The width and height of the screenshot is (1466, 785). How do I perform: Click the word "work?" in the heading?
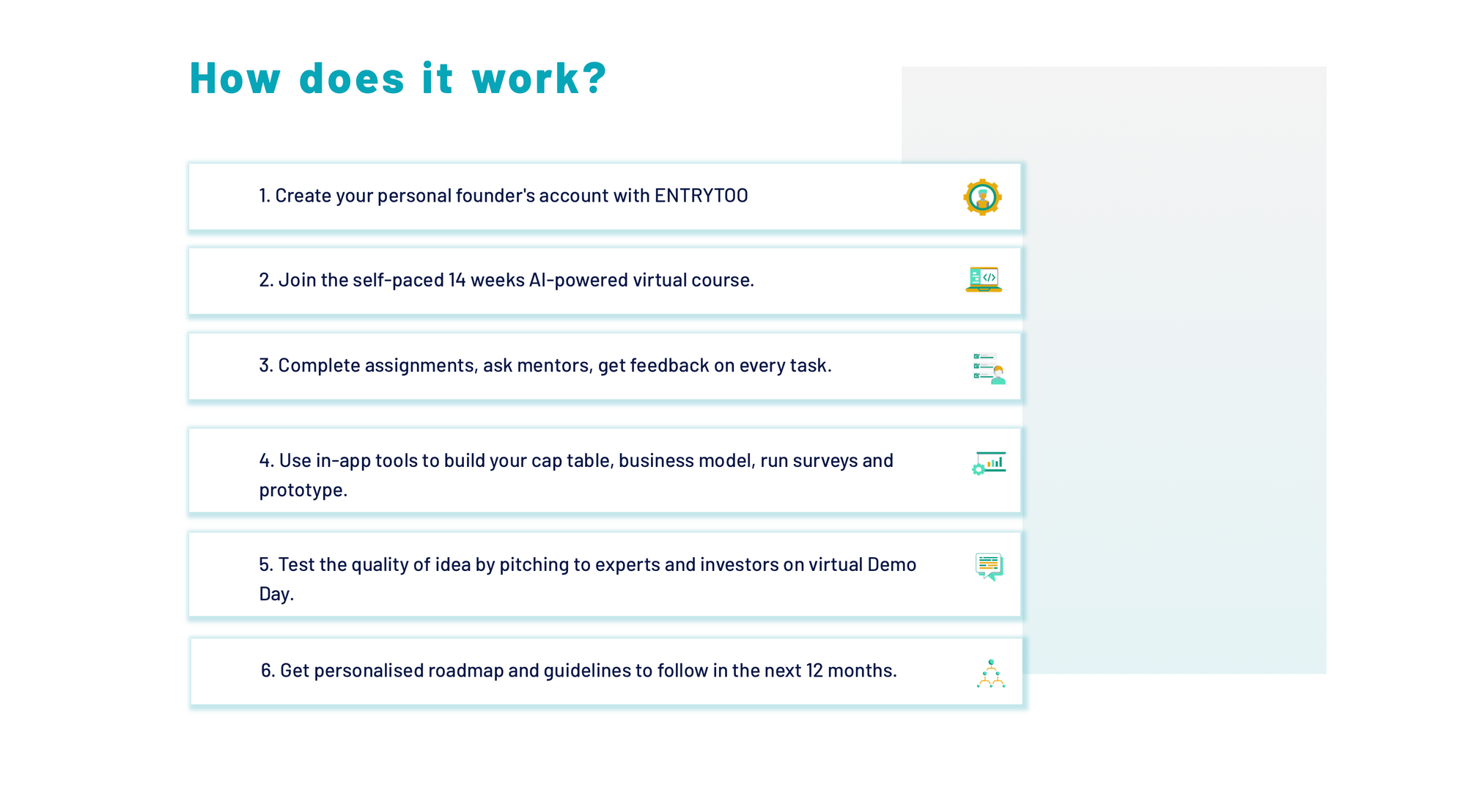coord(539,78)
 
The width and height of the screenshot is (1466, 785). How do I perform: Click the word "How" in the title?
coord(235,78)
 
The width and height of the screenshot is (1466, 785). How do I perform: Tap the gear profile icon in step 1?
coord(982,196)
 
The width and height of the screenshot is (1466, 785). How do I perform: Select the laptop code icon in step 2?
coord(984,280)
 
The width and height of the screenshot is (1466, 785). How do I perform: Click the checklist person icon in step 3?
coord(989,368)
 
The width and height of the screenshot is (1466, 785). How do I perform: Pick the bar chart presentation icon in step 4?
coord(989,463)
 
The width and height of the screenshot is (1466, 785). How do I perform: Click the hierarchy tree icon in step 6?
coord(991,674)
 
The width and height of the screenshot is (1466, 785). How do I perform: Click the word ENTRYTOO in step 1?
coord(701,196)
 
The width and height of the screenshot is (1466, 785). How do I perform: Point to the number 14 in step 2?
coord(457,280)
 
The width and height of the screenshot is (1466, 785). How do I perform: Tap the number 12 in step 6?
coord(814,671)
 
